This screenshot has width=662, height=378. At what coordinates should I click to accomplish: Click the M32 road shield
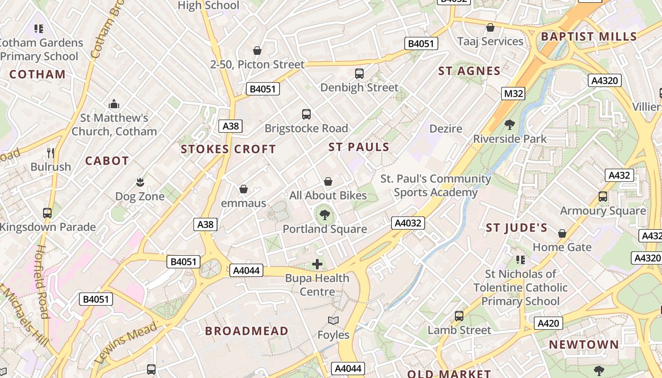[513, 94]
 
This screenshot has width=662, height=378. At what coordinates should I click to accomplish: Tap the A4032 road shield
[408, 223]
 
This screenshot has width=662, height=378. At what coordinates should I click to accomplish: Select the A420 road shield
[549, 323]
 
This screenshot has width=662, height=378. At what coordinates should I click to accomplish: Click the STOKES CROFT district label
[228, 149]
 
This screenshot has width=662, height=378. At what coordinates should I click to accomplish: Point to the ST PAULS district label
[359, 147]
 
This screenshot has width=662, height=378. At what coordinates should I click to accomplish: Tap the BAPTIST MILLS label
[589, 37]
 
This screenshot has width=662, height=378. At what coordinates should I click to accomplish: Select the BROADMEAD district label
[246, 331]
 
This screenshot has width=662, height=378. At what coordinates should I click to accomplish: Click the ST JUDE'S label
[517, 228]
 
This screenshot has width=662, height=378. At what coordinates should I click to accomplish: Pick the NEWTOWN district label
[584, 344]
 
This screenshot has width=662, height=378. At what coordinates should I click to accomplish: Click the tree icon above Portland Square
[325, 215]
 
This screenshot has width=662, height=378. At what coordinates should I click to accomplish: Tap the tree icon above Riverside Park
[510, 125]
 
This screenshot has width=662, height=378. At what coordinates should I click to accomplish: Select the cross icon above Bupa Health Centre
[317, 264]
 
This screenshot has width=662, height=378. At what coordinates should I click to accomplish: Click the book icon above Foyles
[333, 321]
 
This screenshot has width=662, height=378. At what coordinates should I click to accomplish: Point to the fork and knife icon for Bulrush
[51, 153]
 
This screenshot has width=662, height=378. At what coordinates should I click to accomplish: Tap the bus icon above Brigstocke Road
[306, 114]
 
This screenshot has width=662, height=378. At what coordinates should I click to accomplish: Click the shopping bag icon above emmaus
[244, 189]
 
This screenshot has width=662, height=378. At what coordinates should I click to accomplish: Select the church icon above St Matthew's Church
[113, 104]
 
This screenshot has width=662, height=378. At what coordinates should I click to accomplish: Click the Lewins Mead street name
[126, 343]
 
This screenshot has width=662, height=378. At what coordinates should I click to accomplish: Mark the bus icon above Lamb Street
[459, 316]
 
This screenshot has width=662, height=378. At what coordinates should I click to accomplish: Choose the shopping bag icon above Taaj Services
[490, 27]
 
